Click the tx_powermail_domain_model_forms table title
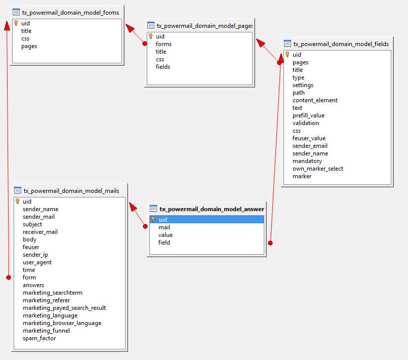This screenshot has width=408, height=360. pyautogui.click(x=70, y=12)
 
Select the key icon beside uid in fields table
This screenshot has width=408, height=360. pyautogui.click(x=287, y=55)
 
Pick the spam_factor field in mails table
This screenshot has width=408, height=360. pyautogui.click(x=39, y=338)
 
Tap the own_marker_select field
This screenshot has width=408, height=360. pyautogui.click(x=318, y=169)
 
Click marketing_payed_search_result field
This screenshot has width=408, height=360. pyautogui.click(x=64, y=308)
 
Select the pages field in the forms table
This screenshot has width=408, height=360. pyautogui.click(x=29, y=46)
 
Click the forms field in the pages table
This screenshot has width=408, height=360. pyautogui.click(x=164, y=44)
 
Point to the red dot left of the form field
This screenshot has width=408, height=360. pyautogui.click(x=8, y=277)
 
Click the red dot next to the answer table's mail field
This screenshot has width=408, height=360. pyautogui.click(x=145, y=226)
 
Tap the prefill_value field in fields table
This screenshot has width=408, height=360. pyautogui.click(x=308, y=115)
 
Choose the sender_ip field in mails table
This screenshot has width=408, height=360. pyautogui.click(x=35, y=255)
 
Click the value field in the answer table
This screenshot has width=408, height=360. pyautogui.click(x=166, y=235)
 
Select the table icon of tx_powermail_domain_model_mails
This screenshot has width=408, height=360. pyautogui.click(x=18, y=190)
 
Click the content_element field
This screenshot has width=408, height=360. pyautogui.click(x=315, y=100)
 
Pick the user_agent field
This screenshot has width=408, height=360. pyautogui.click(x=37, y=262)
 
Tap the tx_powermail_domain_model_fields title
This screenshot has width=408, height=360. pyautogui.click(x=341, y=44)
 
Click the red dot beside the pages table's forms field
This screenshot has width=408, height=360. pyautogui.click(x=145, y=44)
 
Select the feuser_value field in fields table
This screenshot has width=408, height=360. pyautogui.click(x=309, y=138)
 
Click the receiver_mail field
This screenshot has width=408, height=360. pyautogui.click(x=40, y=232)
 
